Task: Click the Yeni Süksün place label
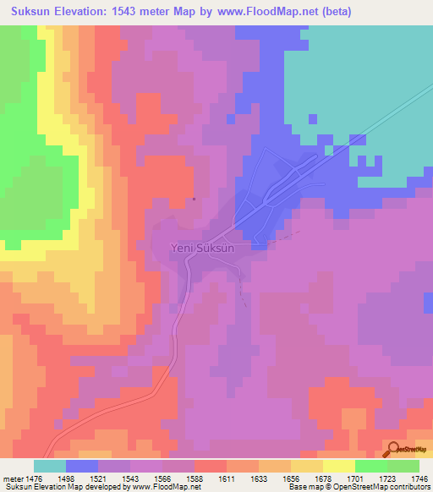[208, 249]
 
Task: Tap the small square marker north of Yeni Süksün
[195, 200]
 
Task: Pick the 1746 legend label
[419, 478]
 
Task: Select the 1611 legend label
[227, 478]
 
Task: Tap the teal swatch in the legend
[49, 466]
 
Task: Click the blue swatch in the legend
[81, 466]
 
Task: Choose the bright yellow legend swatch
[338, 466]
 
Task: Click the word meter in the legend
[11, 478]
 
